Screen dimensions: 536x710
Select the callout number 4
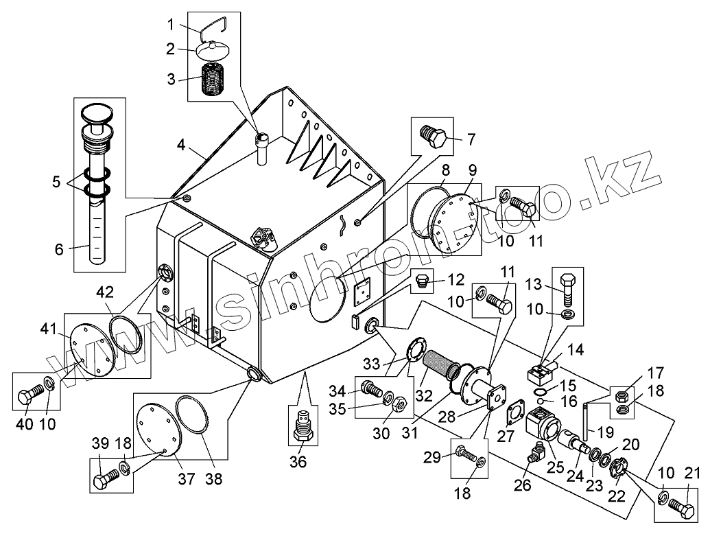(181, 145)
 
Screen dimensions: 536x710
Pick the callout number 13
(534, 285)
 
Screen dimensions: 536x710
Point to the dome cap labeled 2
(214, 50)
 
